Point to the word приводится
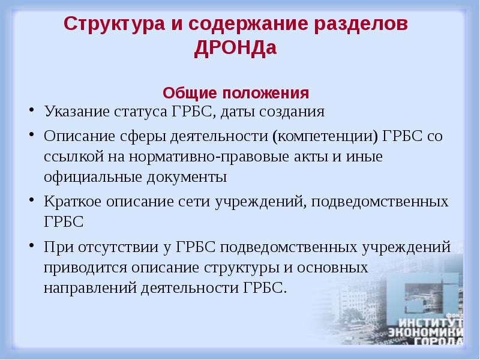click(x=80, y=267)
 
